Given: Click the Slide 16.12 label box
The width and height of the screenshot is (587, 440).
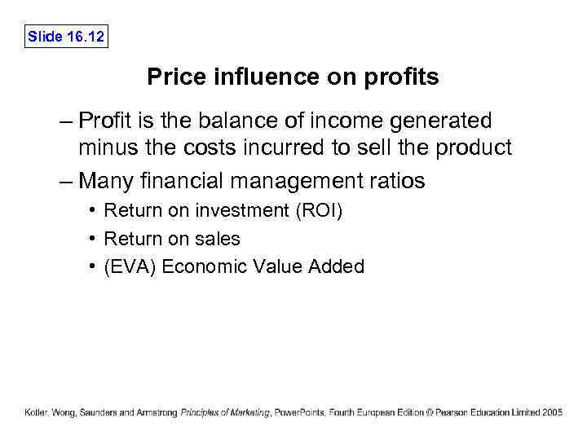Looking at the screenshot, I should point(66,37).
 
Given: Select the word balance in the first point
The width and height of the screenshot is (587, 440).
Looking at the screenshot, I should point(234,121).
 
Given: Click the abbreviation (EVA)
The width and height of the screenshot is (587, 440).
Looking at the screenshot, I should point(130,266).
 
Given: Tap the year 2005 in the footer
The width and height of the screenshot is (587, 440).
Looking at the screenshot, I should point(552,412).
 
